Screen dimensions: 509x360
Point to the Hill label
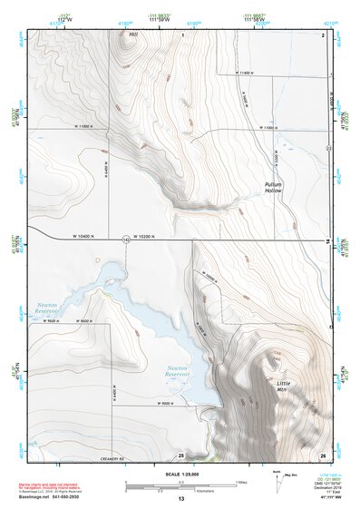tap(134, 34)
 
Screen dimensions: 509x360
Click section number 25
tap(181, 455)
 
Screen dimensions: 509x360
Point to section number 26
tap(322, 455)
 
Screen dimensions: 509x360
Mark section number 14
tap(326, 241)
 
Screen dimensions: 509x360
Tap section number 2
tap(323, 34)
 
